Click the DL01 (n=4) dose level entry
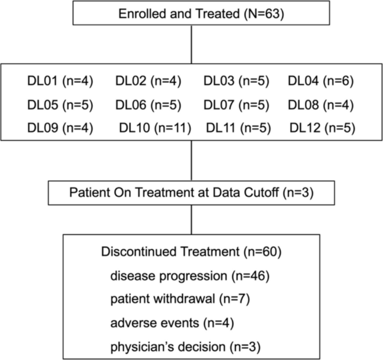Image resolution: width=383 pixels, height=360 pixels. coord(60,81)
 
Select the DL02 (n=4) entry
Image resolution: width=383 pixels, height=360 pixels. coord(148,81)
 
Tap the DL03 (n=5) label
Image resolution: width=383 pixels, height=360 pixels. coord(237,81)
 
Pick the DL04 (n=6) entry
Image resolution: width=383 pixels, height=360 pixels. coord(321,81)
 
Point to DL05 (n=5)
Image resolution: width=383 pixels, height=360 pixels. coord(60,105)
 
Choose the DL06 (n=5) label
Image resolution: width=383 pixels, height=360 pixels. coord(148,105)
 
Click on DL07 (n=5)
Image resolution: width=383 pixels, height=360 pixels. coord(237,105)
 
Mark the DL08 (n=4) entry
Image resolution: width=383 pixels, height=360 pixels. coord(321,105)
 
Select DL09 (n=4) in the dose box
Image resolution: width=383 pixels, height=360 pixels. coord(60,128)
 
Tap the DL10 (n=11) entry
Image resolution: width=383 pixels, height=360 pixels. coord(155,128)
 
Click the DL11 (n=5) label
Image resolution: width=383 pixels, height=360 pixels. coord(238,128)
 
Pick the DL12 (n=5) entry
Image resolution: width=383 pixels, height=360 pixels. coord(323,128)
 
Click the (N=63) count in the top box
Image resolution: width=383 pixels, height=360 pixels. coord(264,13)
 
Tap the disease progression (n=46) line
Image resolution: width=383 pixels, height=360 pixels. coord(190,276)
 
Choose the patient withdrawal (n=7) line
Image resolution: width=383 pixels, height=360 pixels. coord(180,299)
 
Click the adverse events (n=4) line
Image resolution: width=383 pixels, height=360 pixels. coord(172,323)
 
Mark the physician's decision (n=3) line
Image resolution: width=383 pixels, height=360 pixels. coord(186,347)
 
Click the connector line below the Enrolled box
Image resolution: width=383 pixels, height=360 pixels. coord(191,45)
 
